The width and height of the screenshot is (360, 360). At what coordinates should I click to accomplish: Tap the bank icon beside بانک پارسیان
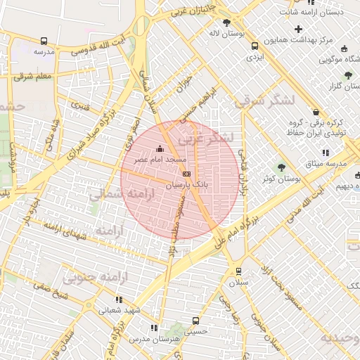186,173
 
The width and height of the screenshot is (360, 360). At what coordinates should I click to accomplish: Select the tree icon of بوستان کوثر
282,167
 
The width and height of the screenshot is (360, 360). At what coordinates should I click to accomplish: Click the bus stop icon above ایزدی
255,46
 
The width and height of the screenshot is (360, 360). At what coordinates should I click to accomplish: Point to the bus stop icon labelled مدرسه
44,41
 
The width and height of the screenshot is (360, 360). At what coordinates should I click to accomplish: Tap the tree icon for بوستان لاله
226,22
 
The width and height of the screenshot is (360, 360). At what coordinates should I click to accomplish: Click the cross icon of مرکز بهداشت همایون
299,30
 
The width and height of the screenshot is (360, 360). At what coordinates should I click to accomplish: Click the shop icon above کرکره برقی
316,112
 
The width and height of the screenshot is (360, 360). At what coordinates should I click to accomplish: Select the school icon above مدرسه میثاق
324,153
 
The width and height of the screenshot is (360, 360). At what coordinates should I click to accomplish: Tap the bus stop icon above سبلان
238,271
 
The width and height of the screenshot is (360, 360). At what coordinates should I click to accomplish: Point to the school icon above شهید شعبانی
109,299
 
